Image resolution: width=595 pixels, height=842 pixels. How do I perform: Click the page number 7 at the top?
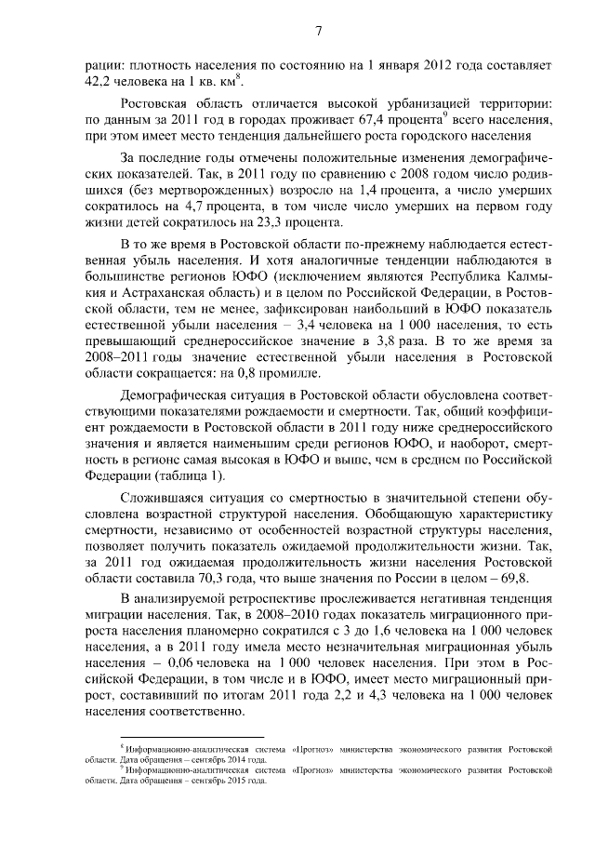[x=317, y=33]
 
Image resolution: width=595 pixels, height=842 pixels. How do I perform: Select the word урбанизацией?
[x=379, y=108]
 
